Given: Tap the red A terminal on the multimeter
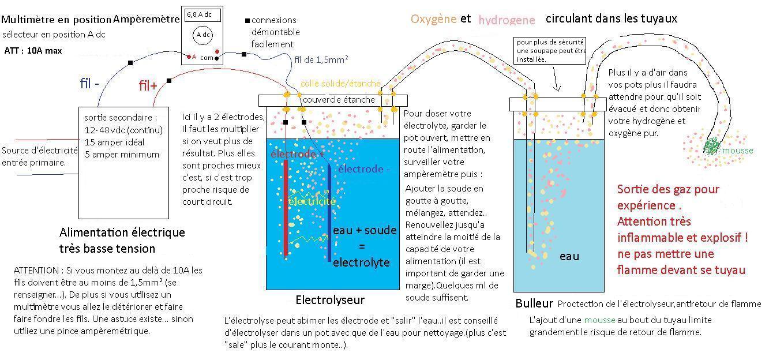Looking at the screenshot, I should pos(189,57).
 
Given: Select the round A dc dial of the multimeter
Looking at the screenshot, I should pos(202,35).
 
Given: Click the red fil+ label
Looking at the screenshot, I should pos(148,86).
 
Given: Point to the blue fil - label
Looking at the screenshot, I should pos(89,83).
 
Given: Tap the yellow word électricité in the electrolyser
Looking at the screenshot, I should pos(312,201).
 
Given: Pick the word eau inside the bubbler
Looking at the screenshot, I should pos(569,256).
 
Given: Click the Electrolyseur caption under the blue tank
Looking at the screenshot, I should pos(330,300).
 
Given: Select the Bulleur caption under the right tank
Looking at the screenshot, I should pos(534,303).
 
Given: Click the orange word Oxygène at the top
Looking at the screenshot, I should pos(433,19).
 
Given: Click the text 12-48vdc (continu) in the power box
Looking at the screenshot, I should pos(123,130).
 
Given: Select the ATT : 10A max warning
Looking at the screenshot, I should pos(33,51).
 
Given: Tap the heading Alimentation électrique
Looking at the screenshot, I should pos(122,232).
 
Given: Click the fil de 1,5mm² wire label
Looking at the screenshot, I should pos(321,59).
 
